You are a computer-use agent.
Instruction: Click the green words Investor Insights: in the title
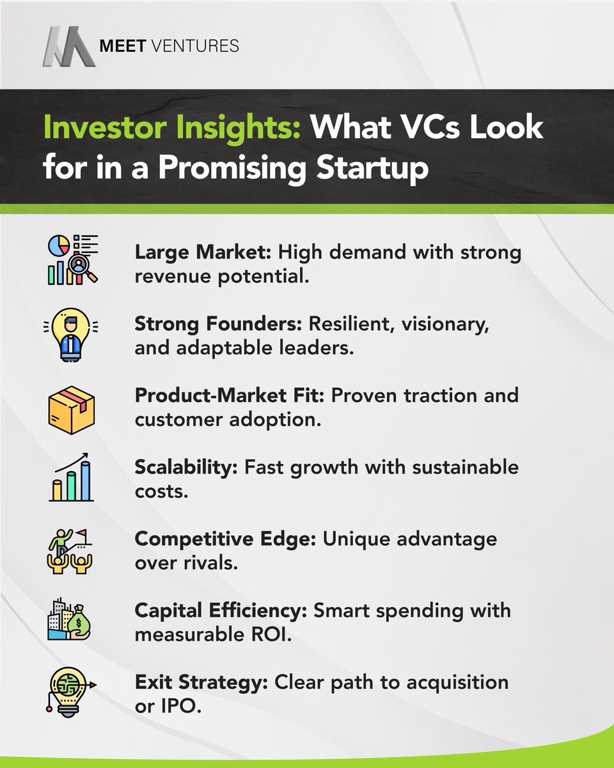tap(172, 129)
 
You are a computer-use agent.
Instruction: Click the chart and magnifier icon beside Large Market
tap(72, 260)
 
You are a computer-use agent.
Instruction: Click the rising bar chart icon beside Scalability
tap(72, 476)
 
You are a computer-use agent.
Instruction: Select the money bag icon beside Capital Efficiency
tap(72, 620)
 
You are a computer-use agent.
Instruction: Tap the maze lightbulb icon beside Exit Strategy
tap(72, 691)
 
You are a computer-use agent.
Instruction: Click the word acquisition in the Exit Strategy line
tap(459, 682)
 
